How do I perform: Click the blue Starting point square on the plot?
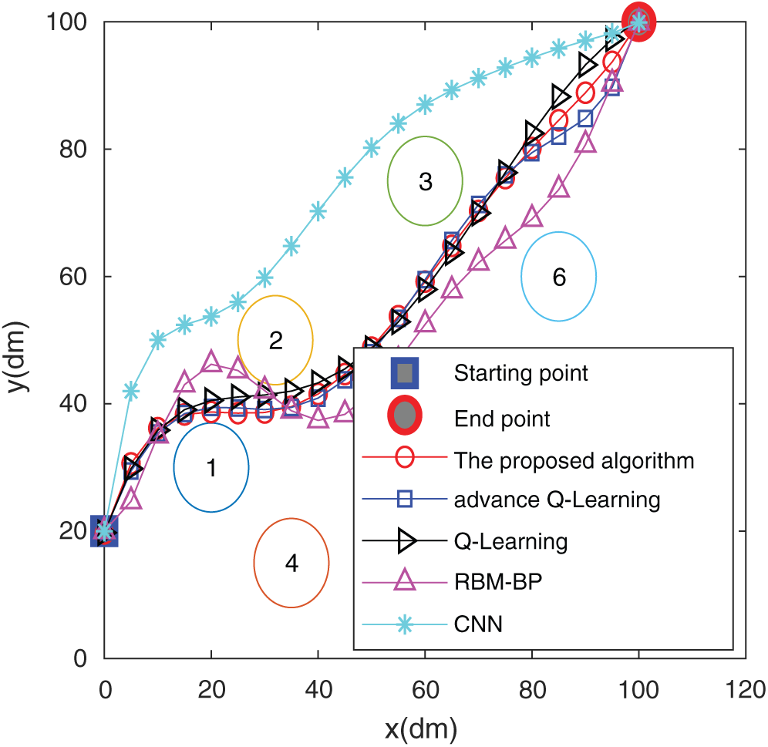pyautogui.click(x=104, y=531)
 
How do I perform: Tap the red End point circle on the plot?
pyautogui.click(x=638, y=22)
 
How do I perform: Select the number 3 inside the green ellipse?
pyautogui.click(x=425, y=183)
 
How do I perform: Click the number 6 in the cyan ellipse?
pyautogui.click(x=559, y=278)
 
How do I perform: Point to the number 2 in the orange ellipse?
pyautogui.click(x=275, y=341)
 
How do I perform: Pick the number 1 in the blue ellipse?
pyautogui.click(x=211, y=467)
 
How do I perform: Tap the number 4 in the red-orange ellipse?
pyautogui.click(x=291, y=564)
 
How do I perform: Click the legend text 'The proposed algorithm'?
pyautogui.click(x=574, y=461)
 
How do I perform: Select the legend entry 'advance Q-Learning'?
pyautogui.click(x=557, y=500)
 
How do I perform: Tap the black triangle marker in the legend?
pyautogui.click(x=406, y=541)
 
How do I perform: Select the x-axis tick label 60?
pyautogui.click(x=425, y=688)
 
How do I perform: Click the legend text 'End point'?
pyautogui.click(x=502, y=419)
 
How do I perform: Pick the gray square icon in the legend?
pyautogui.click(x=406, y=374)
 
